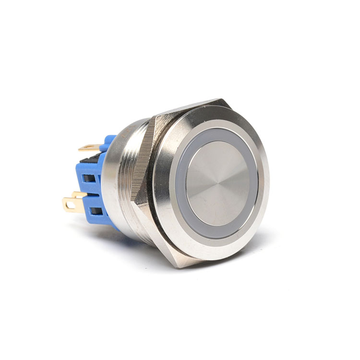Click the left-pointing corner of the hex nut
coord(136,202)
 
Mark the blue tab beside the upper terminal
coord(108,141)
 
